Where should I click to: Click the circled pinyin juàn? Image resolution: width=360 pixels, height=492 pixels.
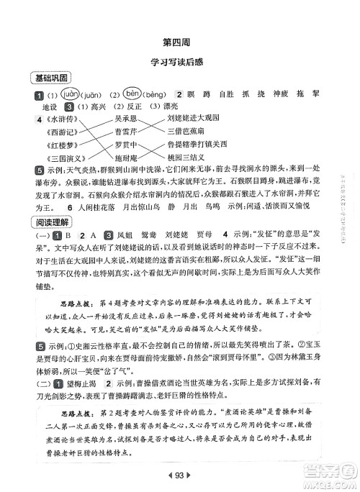pyautogui.click(x=51, y=94)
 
